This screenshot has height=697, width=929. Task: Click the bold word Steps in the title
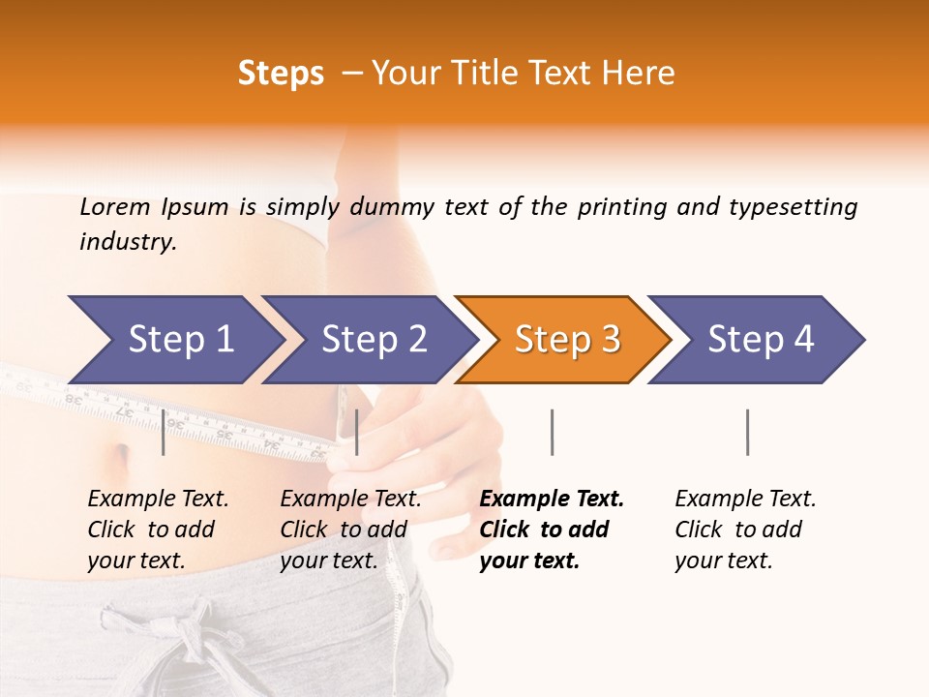(x=281, y=74)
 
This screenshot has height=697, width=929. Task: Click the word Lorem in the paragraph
(x=114, y=206)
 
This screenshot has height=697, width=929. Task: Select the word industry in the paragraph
(x=127, y=241)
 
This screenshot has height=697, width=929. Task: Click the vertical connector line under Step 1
(x=164, y=432)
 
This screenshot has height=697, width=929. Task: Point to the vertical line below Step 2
(x=357, y=432)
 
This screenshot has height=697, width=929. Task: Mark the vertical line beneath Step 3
(x=552, y=432)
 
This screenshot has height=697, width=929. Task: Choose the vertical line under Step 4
(x=747, y=432)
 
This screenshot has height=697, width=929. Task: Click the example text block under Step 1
(x=158, y=530)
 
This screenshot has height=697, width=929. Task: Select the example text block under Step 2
(x=350, y=530)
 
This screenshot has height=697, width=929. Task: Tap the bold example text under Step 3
(x=552, y=530)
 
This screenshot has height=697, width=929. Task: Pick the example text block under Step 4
(x=745, y=530)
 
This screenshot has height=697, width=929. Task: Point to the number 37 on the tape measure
(x=125, y=410)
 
